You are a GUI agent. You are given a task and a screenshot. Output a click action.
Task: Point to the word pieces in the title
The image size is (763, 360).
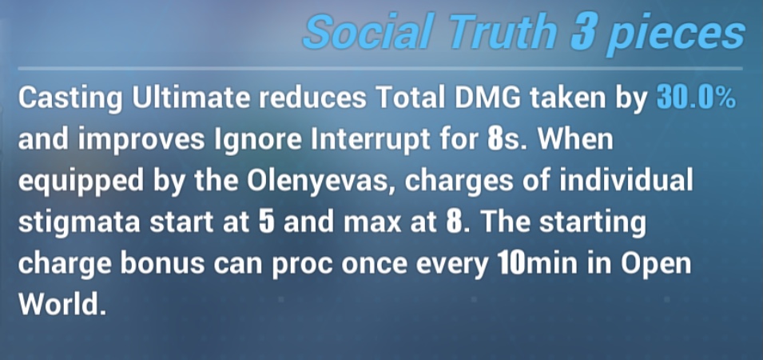coord(677,35)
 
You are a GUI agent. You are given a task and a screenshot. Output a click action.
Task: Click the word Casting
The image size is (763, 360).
coord(70,100)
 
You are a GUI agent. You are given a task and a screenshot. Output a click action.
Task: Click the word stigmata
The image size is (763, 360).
coord(79,223)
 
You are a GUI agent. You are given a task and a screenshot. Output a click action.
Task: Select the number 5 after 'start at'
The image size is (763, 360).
coord(266,222)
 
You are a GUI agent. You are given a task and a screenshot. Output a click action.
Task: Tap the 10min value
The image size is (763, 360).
coord(537,263)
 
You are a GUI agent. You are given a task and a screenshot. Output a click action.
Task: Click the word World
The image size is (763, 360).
coord(62,305)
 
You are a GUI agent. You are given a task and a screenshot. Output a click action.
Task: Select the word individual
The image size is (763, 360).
coord(626,181)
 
